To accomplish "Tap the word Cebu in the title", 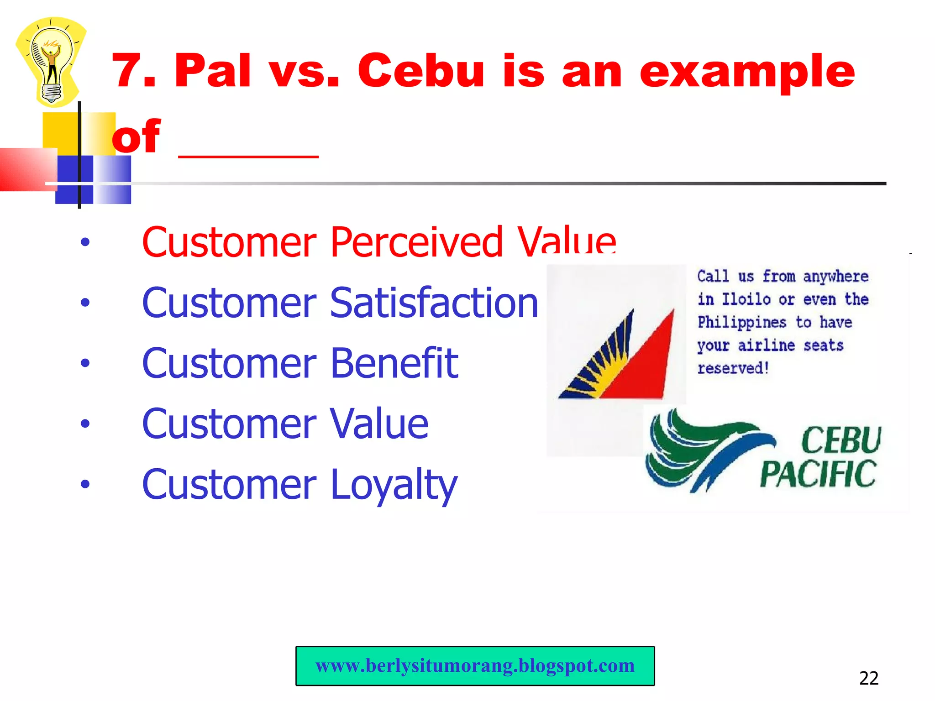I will (x=420, y=71).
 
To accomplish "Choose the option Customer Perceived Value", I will (x=378, y=242).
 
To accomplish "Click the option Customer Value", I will (x=285, y=424).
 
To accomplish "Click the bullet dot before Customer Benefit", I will (x=85, y=363).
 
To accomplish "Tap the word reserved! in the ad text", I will (x=733, y=368).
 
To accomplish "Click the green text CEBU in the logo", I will (x=840, y=440).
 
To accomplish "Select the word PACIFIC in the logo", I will (x=818, y=474).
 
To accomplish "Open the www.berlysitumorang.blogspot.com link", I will (x=475, y=666).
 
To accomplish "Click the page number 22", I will (x=868, y=679).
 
